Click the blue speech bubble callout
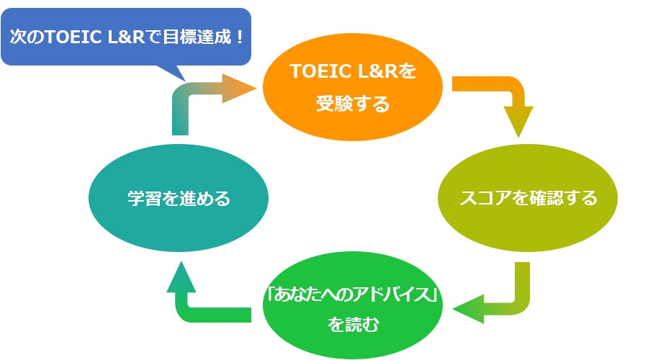click(x=126, y=36)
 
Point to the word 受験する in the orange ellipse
click(x=352, y=104)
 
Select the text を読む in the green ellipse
click(x=352, y=325)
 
